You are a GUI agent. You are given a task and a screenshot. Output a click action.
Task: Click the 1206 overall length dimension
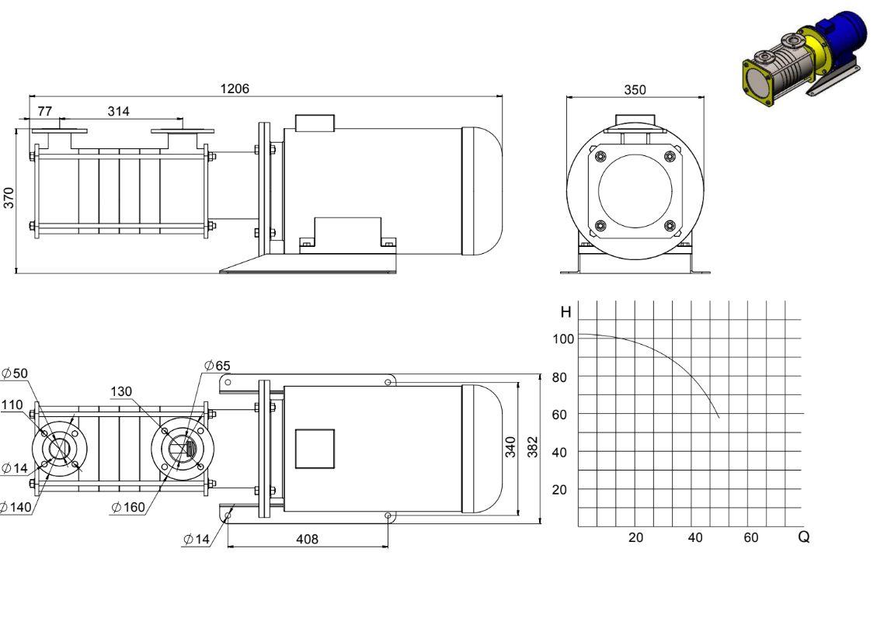(x=235, y=89)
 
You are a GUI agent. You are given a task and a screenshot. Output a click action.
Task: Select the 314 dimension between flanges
(x=119, y=111)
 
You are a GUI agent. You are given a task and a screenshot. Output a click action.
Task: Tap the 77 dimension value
(x=45, y=111)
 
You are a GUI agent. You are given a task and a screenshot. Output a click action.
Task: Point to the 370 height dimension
(x=9, y=198)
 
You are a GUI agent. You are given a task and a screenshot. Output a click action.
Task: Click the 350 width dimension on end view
(x=635, y=89)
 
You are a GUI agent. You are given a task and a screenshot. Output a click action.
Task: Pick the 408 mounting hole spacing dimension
(x=307, y=539)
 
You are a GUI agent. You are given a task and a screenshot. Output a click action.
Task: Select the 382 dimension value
(x=532, y=447)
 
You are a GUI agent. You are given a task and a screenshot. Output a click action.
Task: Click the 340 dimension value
(x=510, y=447)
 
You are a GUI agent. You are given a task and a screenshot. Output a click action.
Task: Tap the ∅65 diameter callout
(x=217, y=366)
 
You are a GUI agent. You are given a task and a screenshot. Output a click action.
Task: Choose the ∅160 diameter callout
(x=128, y=507)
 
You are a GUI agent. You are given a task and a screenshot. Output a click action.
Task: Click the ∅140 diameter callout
(x=16, y=508)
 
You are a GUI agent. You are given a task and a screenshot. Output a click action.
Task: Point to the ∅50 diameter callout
(x=15, y=373)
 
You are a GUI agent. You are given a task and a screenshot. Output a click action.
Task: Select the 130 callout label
(x=121, y=391)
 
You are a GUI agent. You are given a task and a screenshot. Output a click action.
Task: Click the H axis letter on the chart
(x=566, y=312)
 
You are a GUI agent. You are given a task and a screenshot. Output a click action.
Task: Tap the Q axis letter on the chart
(x=804, y=537)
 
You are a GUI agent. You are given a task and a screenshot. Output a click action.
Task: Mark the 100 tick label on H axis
(x=563, y=339)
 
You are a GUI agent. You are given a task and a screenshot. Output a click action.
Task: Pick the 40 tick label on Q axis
(x=694, y=537)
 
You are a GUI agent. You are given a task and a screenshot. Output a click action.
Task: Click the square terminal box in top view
(x=315, y=449)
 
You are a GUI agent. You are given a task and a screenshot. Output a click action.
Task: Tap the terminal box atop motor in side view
(x=315, y=123)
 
